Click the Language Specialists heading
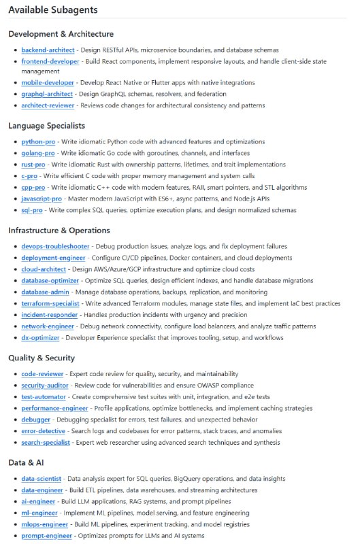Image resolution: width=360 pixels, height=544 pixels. click(x=46, y=126)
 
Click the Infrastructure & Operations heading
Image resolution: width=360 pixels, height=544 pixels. click(x=59, y=231)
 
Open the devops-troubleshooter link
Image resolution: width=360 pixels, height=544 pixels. click(x=54, y=246)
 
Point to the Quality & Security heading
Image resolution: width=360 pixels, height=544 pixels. click(x=42, y=358)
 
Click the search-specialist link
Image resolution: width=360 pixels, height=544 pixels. click(x=46, y=443)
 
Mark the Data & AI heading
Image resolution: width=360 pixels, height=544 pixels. click(x=27, y=462)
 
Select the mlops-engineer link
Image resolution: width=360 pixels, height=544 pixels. click(x=44, y=524)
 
